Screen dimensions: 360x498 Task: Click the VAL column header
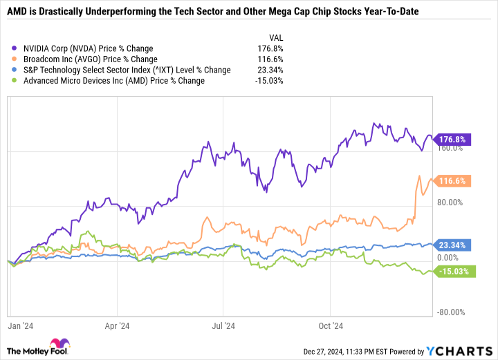click(275, 38)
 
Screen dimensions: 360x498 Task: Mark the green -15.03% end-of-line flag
click(456, 272)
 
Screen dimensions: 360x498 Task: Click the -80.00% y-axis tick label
click(454, 312)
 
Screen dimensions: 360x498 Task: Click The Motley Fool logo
click(43, 347)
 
